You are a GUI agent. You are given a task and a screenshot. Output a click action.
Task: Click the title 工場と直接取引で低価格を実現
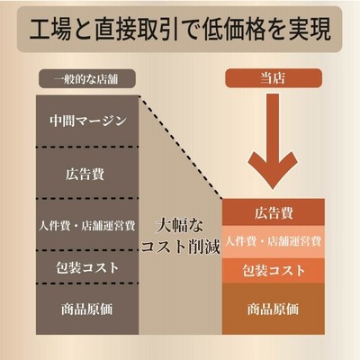(180, 30)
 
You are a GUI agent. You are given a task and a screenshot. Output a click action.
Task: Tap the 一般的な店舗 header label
(87, 78)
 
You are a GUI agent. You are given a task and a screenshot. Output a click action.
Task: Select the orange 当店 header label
(274, 78)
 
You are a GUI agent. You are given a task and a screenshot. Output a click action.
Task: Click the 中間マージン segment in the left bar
(87, 121)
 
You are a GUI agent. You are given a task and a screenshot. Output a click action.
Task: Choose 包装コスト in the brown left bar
(87, 266)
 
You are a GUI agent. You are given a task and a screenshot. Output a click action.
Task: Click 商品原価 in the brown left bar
(87, 309)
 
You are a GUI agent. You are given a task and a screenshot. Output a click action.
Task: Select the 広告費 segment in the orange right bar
(274, 212)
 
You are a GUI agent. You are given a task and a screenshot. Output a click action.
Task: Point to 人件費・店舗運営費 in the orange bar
(274, 241)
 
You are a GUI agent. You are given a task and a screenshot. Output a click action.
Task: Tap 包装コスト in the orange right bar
(274, 270)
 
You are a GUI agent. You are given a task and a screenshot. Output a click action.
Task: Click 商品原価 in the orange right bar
(274, 309)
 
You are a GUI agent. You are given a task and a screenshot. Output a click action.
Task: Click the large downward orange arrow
(273, 141)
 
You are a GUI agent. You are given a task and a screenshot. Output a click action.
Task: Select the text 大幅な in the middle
(179, 226)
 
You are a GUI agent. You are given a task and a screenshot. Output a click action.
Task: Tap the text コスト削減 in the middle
(180, 247)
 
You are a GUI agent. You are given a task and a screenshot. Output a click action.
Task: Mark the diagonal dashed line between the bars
(180, 147)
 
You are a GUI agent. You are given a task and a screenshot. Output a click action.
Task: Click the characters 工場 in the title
(50, 30)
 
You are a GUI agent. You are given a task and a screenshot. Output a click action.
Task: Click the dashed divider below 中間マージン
(87, 147)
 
